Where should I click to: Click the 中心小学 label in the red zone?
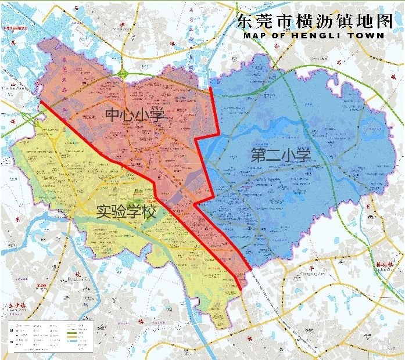coord(134,115)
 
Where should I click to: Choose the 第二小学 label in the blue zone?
coord(281,155)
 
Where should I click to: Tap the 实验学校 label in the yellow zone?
coord(126,213)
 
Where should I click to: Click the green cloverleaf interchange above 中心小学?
coord(124,73)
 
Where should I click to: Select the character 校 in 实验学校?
coord(149,213)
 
